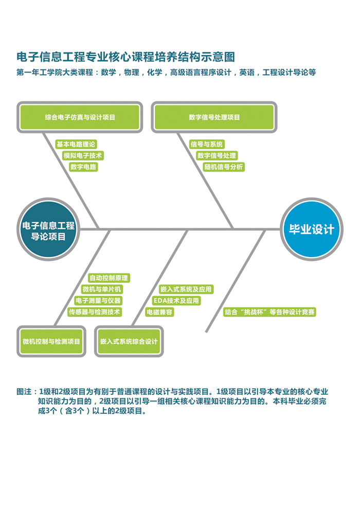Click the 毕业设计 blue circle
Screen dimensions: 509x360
[312, 229]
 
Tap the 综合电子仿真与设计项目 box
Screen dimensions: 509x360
[80, 117]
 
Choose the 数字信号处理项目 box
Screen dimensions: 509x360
[214, 117]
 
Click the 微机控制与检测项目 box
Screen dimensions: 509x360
[51, 341]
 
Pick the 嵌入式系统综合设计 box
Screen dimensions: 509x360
[129, 341]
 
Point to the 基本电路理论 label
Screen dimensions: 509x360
[76, 144]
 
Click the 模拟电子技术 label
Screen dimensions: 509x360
[82, 155]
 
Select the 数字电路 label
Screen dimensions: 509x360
[84, 167]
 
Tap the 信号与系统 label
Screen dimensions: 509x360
[207, 144]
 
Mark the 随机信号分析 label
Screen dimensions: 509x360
[224, 167]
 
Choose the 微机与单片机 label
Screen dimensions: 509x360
[102, 289]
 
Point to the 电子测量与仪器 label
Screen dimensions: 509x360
[98, 300]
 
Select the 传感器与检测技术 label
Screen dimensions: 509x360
[95, 312]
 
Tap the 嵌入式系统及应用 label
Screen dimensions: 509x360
[186, 289]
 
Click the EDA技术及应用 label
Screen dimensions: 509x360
[176, 300]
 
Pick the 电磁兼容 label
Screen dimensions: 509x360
[159, 312]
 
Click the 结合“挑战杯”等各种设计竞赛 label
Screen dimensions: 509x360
[269, 312]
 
